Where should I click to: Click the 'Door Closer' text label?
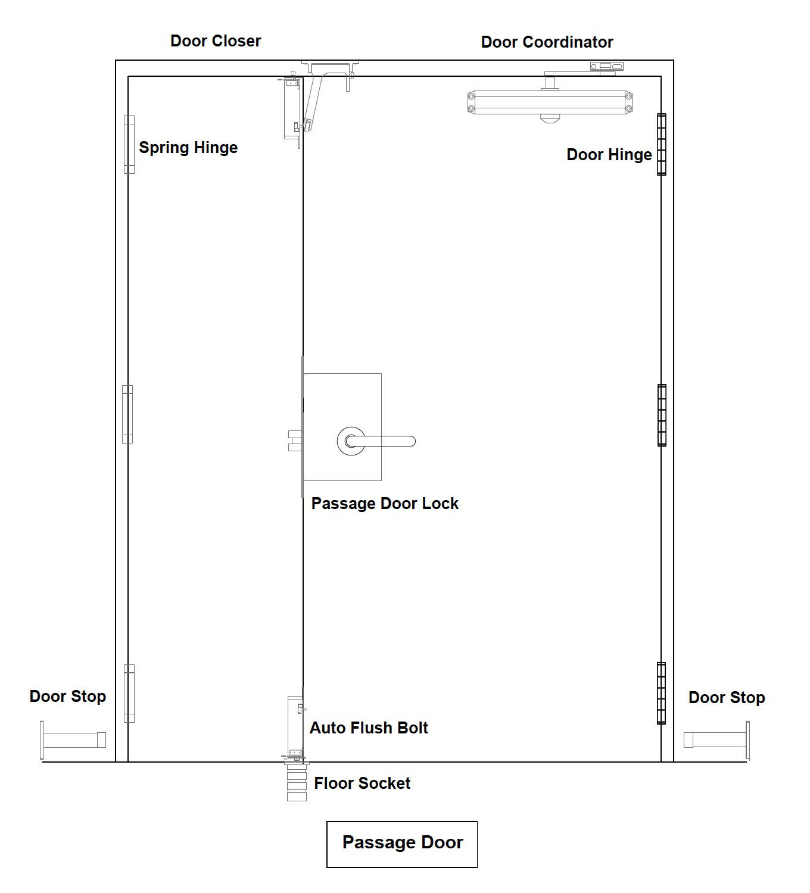pyautogui.click(x=216, y=41)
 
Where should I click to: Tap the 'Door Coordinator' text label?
pyautogui.click(x=547, y=42)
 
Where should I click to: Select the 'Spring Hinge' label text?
pyautogui.click(x=188, y=148)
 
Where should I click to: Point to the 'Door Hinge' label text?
pyautogui.click(x=609, y=155)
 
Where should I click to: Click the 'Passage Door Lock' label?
pyautogui.click(x=385, y=504)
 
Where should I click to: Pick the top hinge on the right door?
pyautogui.click(x=662, y=144)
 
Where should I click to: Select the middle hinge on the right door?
pyautogui.click(x=662, y=416)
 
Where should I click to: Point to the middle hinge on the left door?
pyautogui.click(x=127, y=414)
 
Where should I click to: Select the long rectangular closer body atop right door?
pyautogui.click(x=550, y=102)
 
